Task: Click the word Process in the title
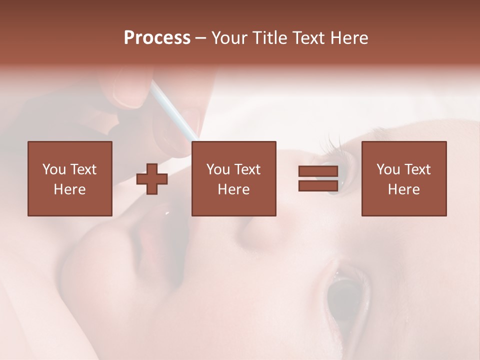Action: (x=157, y=38)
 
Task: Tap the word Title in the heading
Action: (x=270, y=38)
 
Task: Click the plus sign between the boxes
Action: (x=152, y=179)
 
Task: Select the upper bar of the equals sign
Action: (x=318, y=171)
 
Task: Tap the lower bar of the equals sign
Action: (x=318, y=185)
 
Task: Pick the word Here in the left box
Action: (x=69, y=189)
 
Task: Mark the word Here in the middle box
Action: (x=233, y=189)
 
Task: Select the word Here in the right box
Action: (x=403, y=189)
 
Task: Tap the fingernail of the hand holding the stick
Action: (x=128, y=92)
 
